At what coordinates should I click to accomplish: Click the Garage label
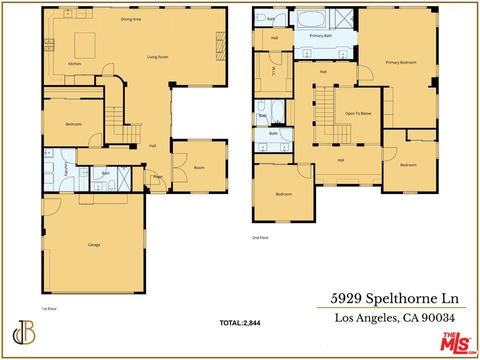click(x=94, y=245)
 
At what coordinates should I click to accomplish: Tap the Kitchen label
click(x=74, y=64)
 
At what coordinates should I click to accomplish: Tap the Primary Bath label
click(x=321, y=36)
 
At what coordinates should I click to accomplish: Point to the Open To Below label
click(x=358, y=113)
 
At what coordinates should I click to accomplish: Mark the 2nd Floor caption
click(x=260, y=237)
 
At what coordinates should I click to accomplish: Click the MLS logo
click(x=456, y=343)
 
